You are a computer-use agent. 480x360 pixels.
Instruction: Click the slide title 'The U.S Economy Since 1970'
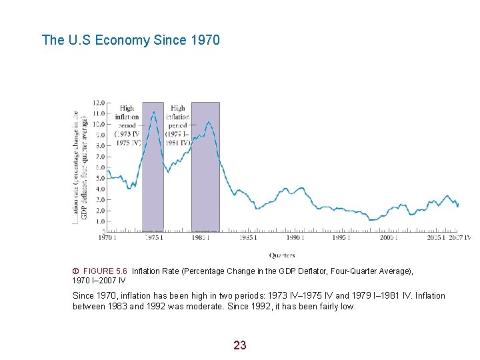[x=131, y=40]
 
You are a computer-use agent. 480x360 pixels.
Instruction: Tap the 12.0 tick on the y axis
[x=98, y=103]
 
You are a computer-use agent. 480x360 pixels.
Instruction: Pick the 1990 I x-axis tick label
[x=295, y=237]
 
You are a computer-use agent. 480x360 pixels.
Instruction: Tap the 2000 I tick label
[x=389, y=237]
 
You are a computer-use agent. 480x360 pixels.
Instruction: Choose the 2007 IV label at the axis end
[x=459, y=237]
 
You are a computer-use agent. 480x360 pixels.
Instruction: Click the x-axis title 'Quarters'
[x=282, y=255]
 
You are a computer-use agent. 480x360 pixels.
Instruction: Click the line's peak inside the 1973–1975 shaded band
[x=154, y=112]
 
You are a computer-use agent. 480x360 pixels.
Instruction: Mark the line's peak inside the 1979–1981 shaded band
[x=209, y=122]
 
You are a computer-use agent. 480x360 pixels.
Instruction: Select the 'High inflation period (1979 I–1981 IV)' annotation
[x=178, y=125]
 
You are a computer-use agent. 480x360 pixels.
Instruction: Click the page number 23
[x=240, y=345]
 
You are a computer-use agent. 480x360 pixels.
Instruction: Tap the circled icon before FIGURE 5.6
[x=75, y=271]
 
